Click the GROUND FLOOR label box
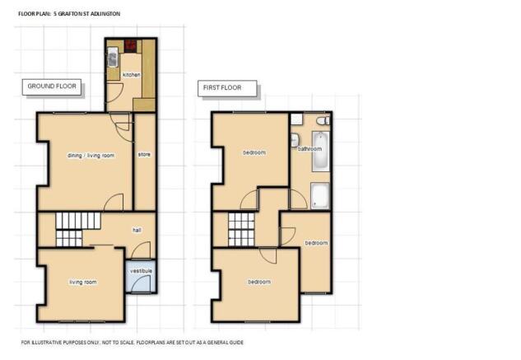point(52,87)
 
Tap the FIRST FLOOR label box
point(227,88)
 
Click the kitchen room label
point(131,75)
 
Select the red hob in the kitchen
point(131,46)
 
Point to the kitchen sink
point(113,57)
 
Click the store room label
point(144,154)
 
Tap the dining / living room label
point(91,156)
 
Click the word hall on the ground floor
point(137,230)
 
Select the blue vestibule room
point(142,276)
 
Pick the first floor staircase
point(241,230)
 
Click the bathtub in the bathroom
point(321,152)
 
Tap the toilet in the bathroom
point(323,120)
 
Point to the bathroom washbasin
point(295,140)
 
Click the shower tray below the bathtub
point(320,195)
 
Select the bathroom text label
point(309,149)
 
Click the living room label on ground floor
point(83,282)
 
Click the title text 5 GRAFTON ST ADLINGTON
point(86,14)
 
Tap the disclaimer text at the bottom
point(133,342)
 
